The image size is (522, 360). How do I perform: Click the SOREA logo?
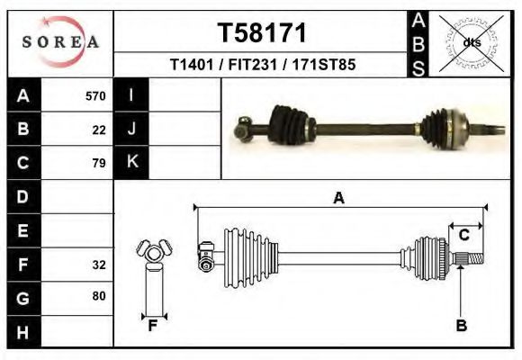pyautogui.click(x=60, y=42)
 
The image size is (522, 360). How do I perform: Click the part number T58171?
pyautogui.click(x=262, y=33)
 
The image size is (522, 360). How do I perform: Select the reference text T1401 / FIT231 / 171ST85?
pyautogui.click(x=262, y=66)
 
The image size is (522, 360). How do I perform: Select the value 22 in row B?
pyautogui.click(x=99, y=130)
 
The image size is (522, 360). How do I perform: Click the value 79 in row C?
pyautogui.click(x=99, y=163)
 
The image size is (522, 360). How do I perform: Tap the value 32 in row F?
pyautogui.click(x=99, y=265)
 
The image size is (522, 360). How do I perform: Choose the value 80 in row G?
pyautogui.click(x=99, y=296)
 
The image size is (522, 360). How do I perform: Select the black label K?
pyautogui.click(x=131, y=162)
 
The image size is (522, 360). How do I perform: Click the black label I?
pyautogui.click(x=131, y=95)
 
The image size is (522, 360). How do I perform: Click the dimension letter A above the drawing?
pyautogui.click(x=339, y=199)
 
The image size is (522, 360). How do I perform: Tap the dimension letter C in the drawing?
pyautogui.click(x=464, y=235)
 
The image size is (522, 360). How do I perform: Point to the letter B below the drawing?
pyautogui.click(x=461, y=326)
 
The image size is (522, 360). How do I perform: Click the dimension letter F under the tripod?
pyautogui.click(x=153, y=326)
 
